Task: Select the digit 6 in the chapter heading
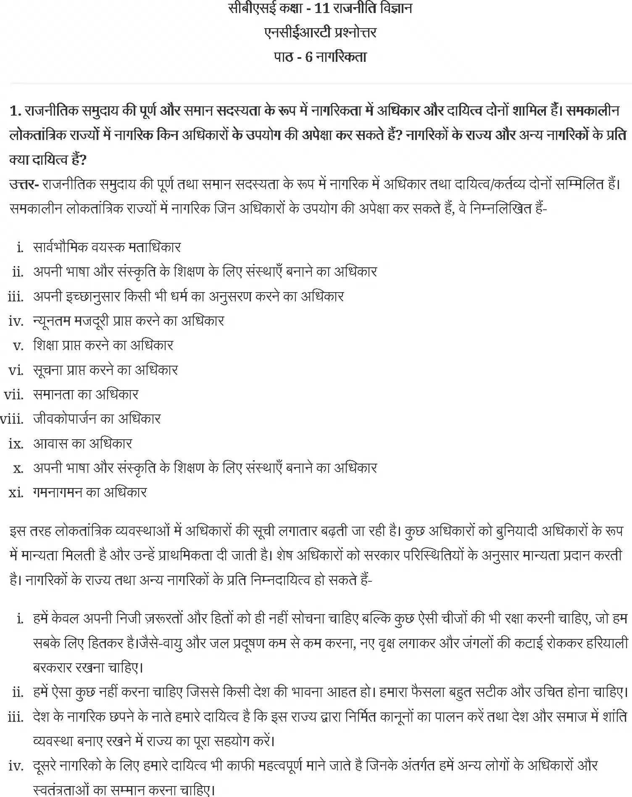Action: coord(309,57)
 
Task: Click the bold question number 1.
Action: coord(15,111)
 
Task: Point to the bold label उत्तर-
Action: coord(24,184)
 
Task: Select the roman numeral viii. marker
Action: coord(12,419)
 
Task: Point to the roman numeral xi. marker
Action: coord(16,493)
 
